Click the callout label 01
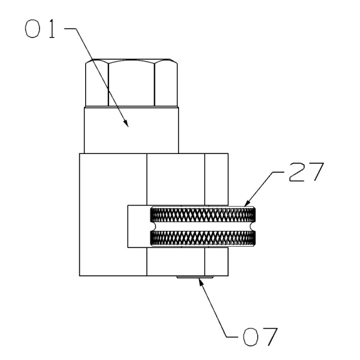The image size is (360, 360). coord(40,28)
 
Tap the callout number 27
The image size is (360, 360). coord(306,172)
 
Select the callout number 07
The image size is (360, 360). coord(260,337)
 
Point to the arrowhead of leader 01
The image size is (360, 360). coord(126,123)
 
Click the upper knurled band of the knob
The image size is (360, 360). coord(202,214)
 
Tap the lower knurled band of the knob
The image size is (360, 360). coord(202,238)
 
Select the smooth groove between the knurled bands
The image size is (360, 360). coord(202,226)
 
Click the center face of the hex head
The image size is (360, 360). coord(131,84)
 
